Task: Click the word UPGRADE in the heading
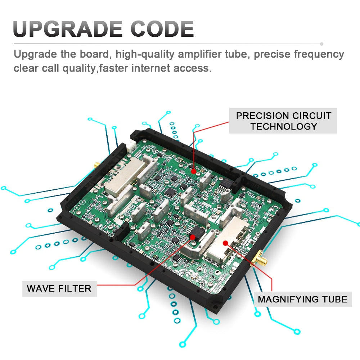[x=68, y=29]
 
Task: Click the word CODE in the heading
[x=162, y=29]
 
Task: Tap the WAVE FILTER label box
[x=59, y=289]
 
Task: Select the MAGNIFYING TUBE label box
[x=303, y=299]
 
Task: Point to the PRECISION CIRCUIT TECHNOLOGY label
[x=283, y=121]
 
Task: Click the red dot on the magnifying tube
[x=225, y=243]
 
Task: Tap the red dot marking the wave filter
[x=193, y=237]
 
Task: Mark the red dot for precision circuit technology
[x=194, y=171]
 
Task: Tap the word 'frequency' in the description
[x=319, y=54]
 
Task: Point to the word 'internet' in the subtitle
[x=150, y=68]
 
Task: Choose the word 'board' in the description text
[x=94, y=54]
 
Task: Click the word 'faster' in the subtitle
[x=113, y=68]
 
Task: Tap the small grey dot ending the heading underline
[x=321, y=44]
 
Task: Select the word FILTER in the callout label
[x=75, y=289]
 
